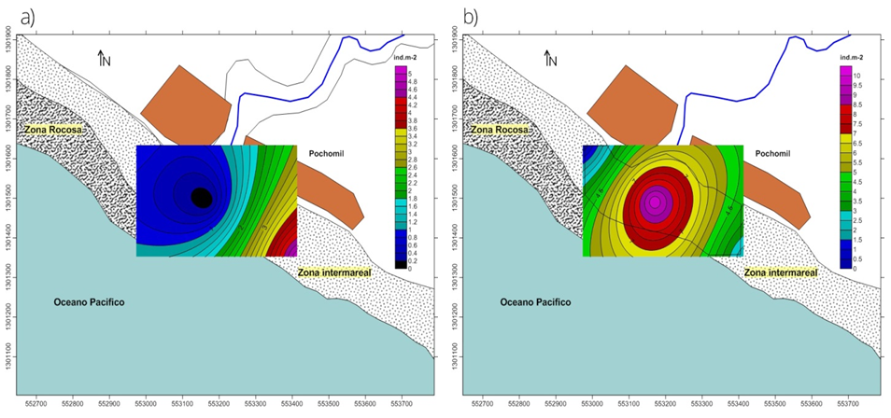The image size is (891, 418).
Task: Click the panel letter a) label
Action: [13, 15]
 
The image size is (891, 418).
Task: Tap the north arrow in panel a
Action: [104, 59]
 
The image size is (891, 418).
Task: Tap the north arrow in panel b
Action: [550, 59]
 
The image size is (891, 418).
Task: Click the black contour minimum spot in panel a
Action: [202, 198]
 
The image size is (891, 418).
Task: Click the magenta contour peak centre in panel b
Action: [655, 201]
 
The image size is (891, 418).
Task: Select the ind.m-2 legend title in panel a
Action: [404, 58]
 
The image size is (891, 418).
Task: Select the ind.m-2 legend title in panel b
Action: [851, 58]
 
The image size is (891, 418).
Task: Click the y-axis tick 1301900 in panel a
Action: [8, 42]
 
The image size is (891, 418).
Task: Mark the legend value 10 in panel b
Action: [856, 74]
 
